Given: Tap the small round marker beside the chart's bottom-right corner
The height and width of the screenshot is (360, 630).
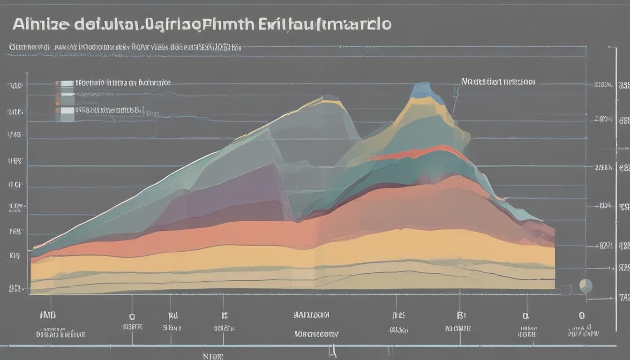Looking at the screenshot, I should click(585, 285).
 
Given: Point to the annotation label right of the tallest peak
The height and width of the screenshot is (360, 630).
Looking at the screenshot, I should click(498, 82).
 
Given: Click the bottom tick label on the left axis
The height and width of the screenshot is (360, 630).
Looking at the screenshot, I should click(15, 289).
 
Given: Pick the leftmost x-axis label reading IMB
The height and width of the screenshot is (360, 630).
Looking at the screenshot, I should click(48, 315).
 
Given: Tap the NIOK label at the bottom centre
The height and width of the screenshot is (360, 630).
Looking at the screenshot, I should click(213, 356).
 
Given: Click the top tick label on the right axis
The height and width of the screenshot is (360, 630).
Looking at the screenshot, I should click(603, 85).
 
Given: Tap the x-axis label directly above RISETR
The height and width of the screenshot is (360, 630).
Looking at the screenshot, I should click(132, 316).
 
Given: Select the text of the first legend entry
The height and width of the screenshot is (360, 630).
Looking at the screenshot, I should click(123, 82).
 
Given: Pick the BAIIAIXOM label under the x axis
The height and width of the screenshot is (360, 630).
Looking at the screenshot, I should click(311, 315).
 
